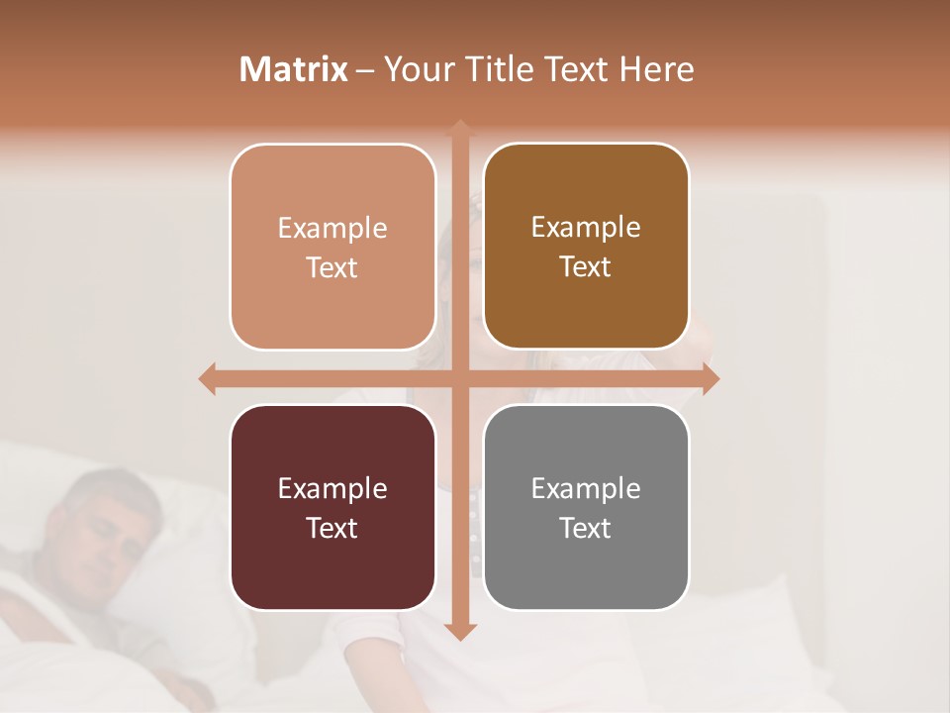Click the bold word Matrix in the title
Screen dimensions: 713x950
(x=294, y=69)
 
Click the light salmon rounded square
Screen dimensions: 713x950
(x=332, y=247)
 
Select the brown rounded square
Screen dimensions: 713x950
(x=586, y=247)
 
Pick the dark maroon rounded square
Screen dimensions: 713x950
(x=332, y=507)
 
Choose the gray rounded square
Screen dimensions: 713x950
(x=586, y=507)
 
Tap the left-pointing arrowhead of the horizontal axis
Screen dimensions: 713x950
(x=207, y=378)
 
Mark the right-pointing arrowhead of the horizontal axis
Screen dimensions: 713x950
(x=712, y=378)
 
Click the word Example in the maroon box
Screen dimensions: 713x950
(x=332, y=488)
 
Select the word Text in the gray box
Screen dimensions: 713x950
(x=586, y=528)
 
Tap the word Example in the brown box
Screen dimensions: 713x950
(x=586, y=228)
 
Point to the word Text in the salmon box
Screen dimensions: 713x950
(x=332, y=267)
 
